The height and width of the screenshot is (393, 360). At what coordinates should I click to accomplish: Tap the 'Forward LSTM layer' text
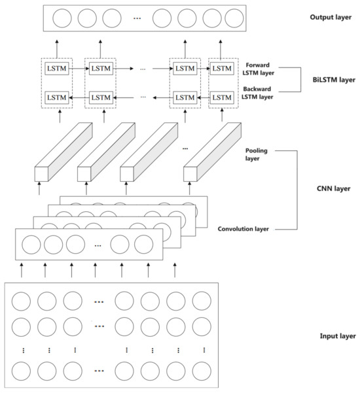click(x=257, y=69)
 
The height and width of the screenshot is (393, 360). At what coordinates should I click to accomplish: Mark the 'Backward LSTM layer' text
click(x=257, y=92)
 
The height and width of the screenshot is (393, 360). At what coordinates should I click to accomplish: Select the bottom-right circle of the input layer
click(x=201, y=371)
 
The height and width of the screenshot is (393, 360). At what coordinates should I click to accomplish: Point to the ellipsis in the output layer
click(x=137, y=18)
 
